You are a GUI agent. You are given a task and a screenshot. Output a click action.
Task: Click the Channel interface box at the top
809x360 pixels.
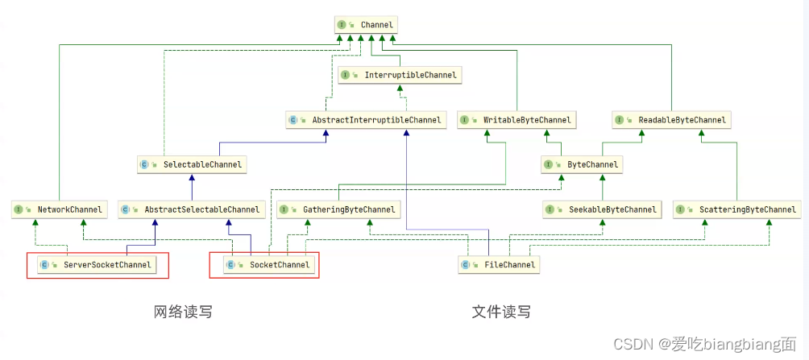point(366,25)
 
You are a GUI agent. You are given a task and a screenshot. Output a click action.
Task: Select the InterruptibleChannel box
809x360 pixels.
point(399,75)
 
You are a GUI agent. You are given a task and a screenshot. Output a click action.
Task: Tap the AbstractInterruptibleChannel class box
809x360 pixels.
point(366,120)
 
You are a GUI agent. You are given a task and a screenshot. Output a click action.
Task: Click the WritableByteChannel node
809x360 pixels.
point(517,120)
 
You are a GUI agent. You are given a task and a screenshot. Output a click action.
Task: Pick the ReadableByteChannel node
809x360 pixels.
point(671,120)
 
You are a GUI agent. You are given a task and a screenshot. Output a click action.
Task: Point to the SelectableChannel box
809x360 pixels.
point(191,164)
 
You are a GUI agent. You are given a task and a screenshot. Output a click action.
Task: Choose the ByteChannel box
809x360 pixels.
point(582,164)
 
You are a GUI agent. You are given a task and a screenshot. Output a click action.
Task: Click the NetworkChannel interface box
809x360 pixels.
point(59,209)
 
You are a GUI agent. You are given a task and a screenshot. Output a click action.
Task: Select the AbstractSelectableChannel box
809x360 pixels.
point(191,209)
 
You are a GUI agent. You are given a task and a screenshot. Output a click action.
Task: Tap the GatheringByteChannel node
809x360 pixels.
point(338,209)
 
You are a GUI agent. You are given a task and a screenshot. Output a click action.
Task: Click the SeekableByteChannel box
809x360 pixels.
point(602,209)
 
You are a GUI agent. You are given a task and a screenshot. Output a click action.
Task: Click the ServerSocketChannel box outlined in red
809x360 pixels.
point(97,264)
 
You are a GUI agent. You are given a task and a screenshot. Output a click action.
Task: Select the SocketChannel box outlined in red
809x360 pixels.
point(264,264)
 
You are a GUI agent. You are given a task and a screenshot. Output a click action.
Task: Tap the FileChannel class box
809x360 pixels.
point(497,264)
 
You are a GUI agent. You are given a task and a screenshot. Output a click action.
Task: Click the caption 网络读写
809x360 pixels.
point(184,312)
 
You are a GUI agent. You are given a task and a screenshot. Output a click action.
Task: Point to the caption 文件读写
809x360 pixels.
point(501,312)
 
